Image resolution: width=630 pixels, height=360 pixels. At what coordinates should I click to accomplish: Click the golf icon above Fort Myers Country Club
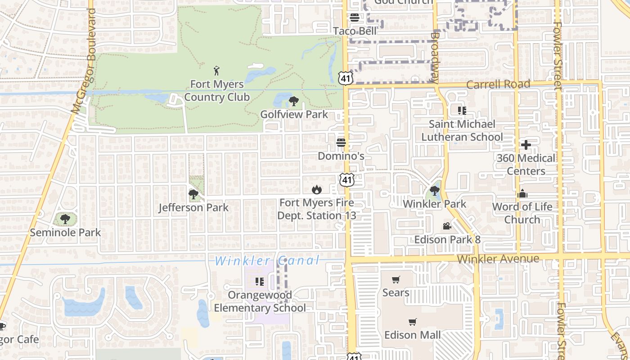point(217,71)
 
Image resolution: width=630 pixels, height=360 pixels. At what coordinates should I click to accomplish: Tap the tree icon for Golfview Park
point(294,101)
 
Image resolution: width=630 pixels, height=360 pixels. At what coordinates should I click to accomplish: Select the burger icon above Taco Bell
point(355,18)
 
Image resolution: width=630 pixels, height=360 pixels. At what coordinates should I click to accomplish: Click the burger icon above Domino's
point(341,143)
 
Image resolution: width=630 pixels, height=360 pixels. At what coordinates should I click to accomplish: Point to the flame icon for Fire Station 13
point(317,190)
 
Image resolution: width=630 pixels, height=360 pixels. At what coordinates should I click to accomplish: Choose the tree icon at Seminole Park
point(65,220)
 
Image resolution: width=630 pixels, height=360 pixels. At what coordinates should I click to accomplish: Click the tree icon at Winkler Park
point(435,191)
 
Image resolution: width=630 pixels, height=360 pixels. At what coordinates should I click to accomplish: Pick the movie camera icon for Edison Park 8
point(447,226)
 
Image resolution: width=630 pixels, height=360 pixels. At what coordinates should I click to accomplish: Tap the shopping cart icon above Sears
point(396,280)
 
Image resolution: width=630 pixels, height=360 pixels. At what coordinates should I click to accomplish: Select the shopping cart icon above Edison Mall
point(412,322)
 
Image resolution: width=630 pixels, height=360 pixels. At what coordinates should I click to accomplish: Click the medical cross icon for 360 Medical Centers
point(526,145)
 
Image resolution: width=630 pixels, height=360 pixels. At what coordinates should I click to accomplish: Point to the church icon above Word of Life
point(522,193)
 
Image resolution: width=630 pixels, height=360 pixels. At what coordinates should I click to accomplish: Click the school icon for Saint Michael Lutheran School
point(462,110)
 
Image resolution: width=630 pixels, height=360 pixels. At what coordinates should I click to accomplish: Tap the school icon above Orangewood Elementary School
point(259,282)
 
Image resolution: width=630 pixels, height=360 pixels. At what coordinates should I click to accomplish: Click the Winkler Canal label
point(267,261)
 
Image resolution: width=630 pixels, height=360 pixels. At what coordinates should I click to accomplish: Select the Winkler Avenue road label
point(498,259)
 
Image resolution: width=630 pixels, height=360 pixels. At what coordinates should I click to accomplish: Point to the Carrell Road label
point(498,84)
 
